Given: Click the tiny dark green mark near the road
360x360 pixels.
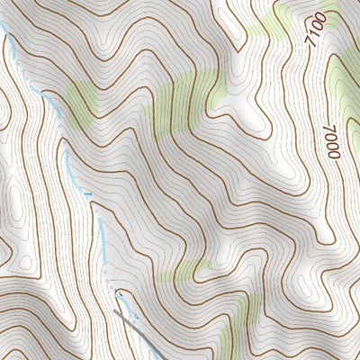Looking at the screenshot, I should [116, 293].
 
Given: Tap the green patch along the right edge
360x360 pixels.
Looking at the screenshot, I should [347, 76].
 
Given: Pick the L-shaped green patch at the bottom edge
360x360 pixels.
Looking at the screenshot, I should [238, 324].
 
